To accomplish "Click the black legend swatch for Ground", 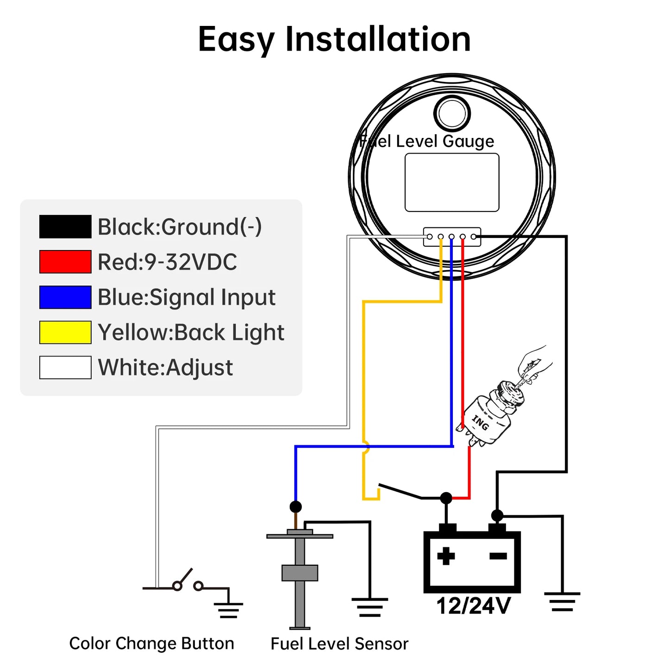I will tap(65, 227).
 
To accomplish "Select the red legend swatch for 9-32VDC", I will tap(65, 262).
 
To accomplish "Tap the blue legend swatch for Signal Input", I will tap(65, 297).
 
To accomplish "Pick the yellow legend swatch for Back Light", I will tap(65, 332).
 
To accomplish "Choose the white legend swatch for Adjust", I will tap(65, 368).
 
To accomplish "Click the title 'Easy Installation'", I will tap(334, 39).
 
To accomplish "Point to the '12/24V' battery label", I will tap(473, 606).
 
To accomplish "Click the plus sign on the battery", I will tap(446, 556).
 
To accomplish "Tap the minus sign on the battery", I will tap(498, 556).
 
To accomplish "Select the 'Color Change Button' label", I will tap(151, 644).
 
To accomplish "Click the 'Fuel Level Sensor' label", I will tap(339, 644).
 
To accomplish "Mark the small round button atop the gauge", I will tap(452, 113).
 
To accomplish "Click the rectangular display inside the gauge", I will tap(452, 182).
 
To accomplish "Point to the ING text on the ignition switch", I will tap(480, 423).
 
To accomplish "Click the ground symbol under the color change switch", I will tap(228, 610).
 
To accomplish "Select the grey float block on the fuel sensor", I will tap(300, 573).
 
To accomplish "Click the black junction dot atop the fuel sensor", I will tap(295, 506).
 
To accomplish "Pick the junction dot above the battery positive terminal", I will tap(446, 498).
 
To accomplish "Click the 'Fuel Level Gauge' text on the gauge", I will tap(427, 141).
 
